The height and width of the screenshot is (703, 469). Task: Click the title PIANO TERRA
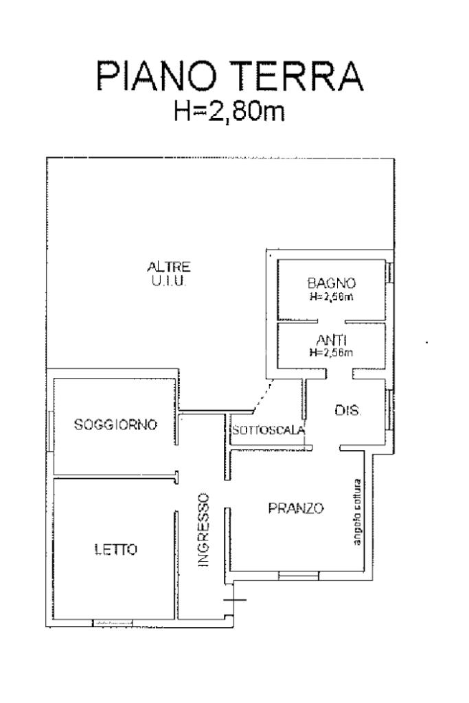point(229,76)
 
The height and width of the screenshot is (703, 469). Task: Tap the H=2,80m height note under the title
point(229,110)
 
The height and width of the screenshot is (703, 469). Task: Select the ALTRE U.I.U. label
point(162,273)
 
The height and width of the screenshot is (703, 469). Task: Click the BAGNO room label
point(331,283)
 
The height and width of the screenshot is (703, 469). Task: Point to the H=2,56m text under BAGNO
point(331,297)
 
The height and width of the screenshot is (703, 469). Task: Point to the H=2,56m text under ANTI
point(330,353)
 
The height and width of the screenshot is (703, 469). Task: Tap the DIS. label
point(348,411)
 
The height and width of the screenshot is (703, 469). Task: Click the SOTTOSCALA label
point(268,431)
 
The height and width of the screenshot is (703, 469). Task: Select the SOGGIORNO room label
point(115,425)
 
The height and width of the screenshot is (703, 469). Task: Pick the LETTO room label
point(115,549)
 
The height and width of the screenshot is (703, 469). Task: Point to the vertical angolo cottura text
point(356,511)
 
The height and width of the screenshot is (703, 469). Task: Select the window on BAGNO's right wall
point(390,272)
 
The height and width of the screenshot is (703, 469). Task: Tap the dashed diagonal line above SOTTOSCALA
point(260,401)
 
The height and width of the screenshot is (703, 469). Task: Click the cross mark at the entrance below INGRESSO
point(235,600)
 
